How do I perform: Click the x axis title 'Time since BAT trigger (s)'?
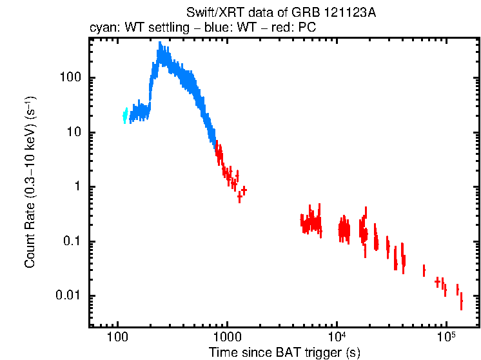[284, 353]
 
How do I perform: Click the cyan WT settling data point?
[125, 115]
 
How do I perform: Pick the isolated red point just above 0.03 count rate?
[424, 270]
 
